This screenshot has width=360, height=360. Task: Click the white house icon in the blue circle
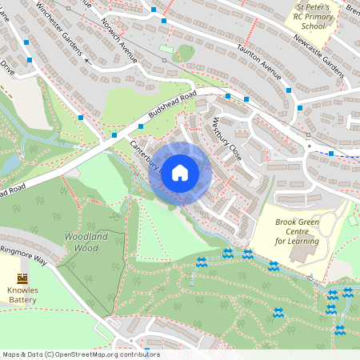coord(179,173)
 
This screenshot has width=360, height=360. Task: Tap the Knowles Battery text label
coord(22,295)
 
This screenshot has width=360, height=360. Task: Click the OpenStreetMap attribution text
coord(80,354)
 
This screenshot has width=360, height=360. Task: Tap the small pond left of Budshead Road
coord(10,164)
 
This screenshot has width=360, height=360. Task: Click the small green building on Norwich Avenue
coord(166,49)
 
